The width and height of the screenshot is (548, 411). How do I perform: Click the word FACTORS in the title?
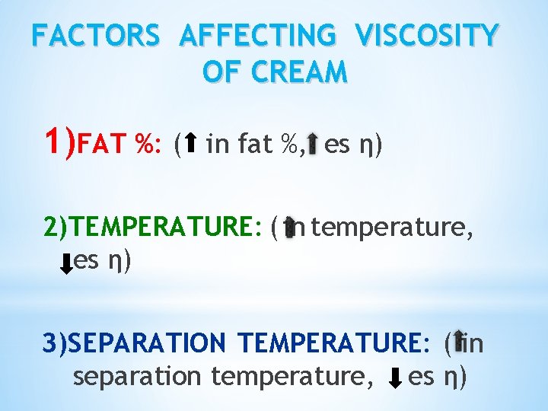click(x=96, y=36)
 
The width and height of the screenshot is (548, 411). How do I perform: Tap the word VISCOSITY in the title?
click(x=429, y=36)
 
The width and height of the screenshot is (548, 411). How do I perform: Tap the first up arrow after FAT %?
click(x=191, y=142)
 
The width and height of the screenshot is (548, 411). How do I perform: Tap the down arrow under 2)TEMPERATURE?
click(x=66, y=263)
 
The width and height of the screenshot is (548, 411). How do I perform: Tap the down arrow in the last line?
click(x=395, y=377)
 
